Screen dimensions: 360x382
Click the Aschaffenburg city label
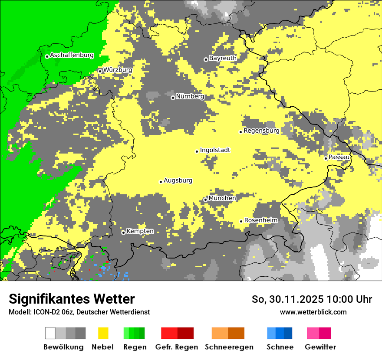click(x=72, y=55)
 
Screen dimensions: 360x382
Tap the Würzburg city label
click(x=118, y=70)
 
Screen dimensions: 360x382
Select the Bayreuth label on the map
click(x=223, y=58)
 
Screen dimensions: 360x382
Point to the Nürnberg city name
click(x=190, y=96)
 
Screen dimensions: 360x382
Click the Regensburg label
click(x=261, y=131)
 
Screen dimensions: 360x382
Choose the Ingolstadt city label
click(x=215, y=150)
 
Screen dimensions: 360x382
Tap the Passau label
click(x=339, y=157)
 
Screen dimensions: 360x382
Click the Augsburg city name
click(x=178, y=180)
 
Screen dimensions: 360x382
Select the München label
click(x=222, y=198)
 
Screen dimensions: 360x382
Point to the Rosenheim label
click(x=260, y=220)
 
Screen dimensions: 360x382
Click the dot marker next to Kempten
click(x=123, y=232)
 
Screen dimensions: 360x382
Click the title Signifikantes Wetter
click(x=72, y=299)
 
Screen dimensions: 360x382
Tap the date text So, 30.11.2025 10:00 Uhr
click(x=312, y=299)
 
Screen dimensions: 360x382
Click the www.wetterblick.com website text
click(x=313, y=312)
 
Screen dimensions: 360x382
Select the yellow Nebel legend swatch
click(x=103, y=333)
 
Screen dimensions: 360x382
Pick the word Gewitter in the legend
click(x=320, y=347)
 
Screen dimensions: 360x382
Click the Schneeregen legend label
click(x=229, y=347)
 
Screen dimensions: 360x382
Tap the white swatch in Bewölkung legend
click(x=50, y=333)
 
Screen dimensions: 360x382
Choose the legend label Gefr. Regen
click(x=177, y=347)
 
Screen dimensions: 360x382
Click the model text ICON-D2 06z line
click(x=79, y=312)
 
